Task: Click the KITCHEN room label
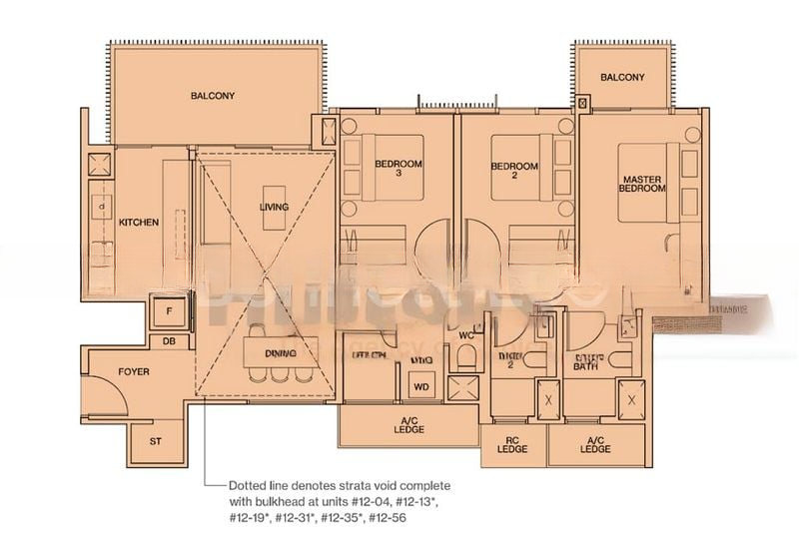(139, 223)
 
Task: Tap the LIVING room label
(274, 208)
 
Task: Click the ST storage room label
(155, 439)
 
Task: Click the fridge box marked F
(169, 312)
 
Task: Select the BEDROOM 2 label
(515, 172)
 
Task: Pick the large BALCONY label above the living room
(212, 97)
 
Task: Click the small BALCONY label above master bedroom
(622, 78)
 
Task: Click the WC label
(465, 335)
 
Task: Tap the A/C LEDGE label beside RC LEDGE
(595, 445)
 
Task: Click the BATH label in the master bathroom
(585, 366)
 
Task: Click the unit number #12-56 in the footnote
(391, 520)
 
